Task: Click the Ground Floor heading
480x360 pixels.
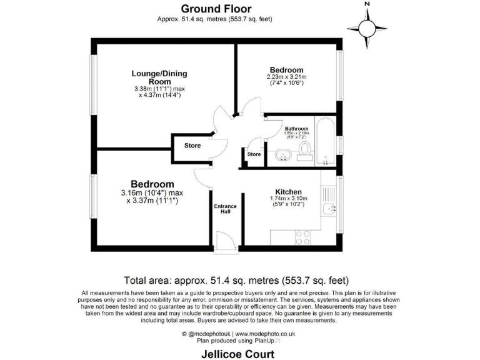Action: [216, 9]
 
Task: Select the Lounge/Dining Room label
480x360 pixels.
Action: [159, 77]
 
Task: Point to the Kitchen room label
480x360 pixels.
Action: [288, 192]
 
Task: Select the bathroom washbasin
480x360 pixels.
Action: [279, 154]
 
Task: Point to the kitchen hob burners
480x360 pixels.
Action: [302, 237]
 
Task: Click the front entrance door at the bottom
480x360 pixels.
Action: [223, 240]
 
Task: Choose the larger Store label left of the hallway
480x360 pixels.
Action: [192, 146]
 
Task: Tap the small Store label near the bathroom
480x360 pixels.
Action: [254, 154]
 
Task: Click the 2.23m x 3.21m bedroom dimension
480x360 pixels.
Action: [287, 77]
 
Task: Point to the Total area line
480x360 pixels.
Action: [236, 280]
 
